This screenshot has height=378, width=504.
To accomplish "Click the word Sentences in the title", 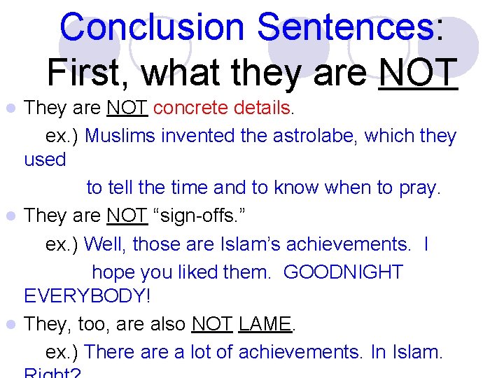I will (x=346, y=28).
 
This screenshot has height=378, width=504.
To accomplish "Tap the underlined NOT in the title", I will (x=418, y=73).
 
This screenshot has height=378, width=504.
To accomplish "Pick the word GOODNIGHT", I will (x=343, y=272).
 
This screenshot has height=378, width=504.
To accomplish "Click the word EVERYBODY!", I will (x=87, y=296).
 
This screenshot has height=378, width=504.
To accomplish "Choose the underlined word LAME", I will (x=265, y=325).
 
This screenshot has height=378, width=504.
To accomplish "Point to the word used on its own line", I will (x=45, y=160).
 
